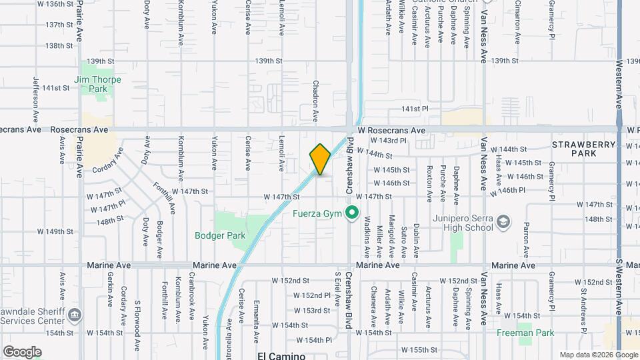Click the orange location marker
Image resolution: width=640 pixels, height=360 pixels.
320,160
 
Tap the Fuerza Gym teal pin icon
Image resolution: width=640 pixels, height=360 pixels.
352,215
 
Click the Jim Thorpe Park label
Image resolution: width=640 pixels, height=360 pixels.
91,83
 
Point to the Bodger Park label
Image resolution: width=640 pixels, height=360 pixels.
220,235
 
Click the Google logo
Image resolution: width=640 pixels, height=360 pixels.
22,352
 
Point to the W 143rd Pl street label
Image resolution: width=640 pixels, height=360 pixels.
390,141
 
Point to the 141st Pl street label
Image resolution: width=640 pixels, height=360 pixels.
414,108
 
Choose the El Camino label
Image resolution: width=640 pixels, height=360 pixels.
276,356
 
